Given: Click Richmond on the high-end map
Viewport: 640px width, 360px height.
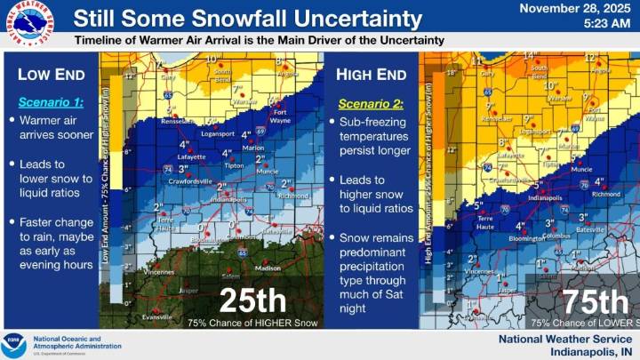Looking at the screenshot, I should point(606,193).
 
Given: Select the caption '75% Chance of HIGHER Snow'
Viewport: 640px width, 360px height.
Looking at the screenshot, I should point(236,324).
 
